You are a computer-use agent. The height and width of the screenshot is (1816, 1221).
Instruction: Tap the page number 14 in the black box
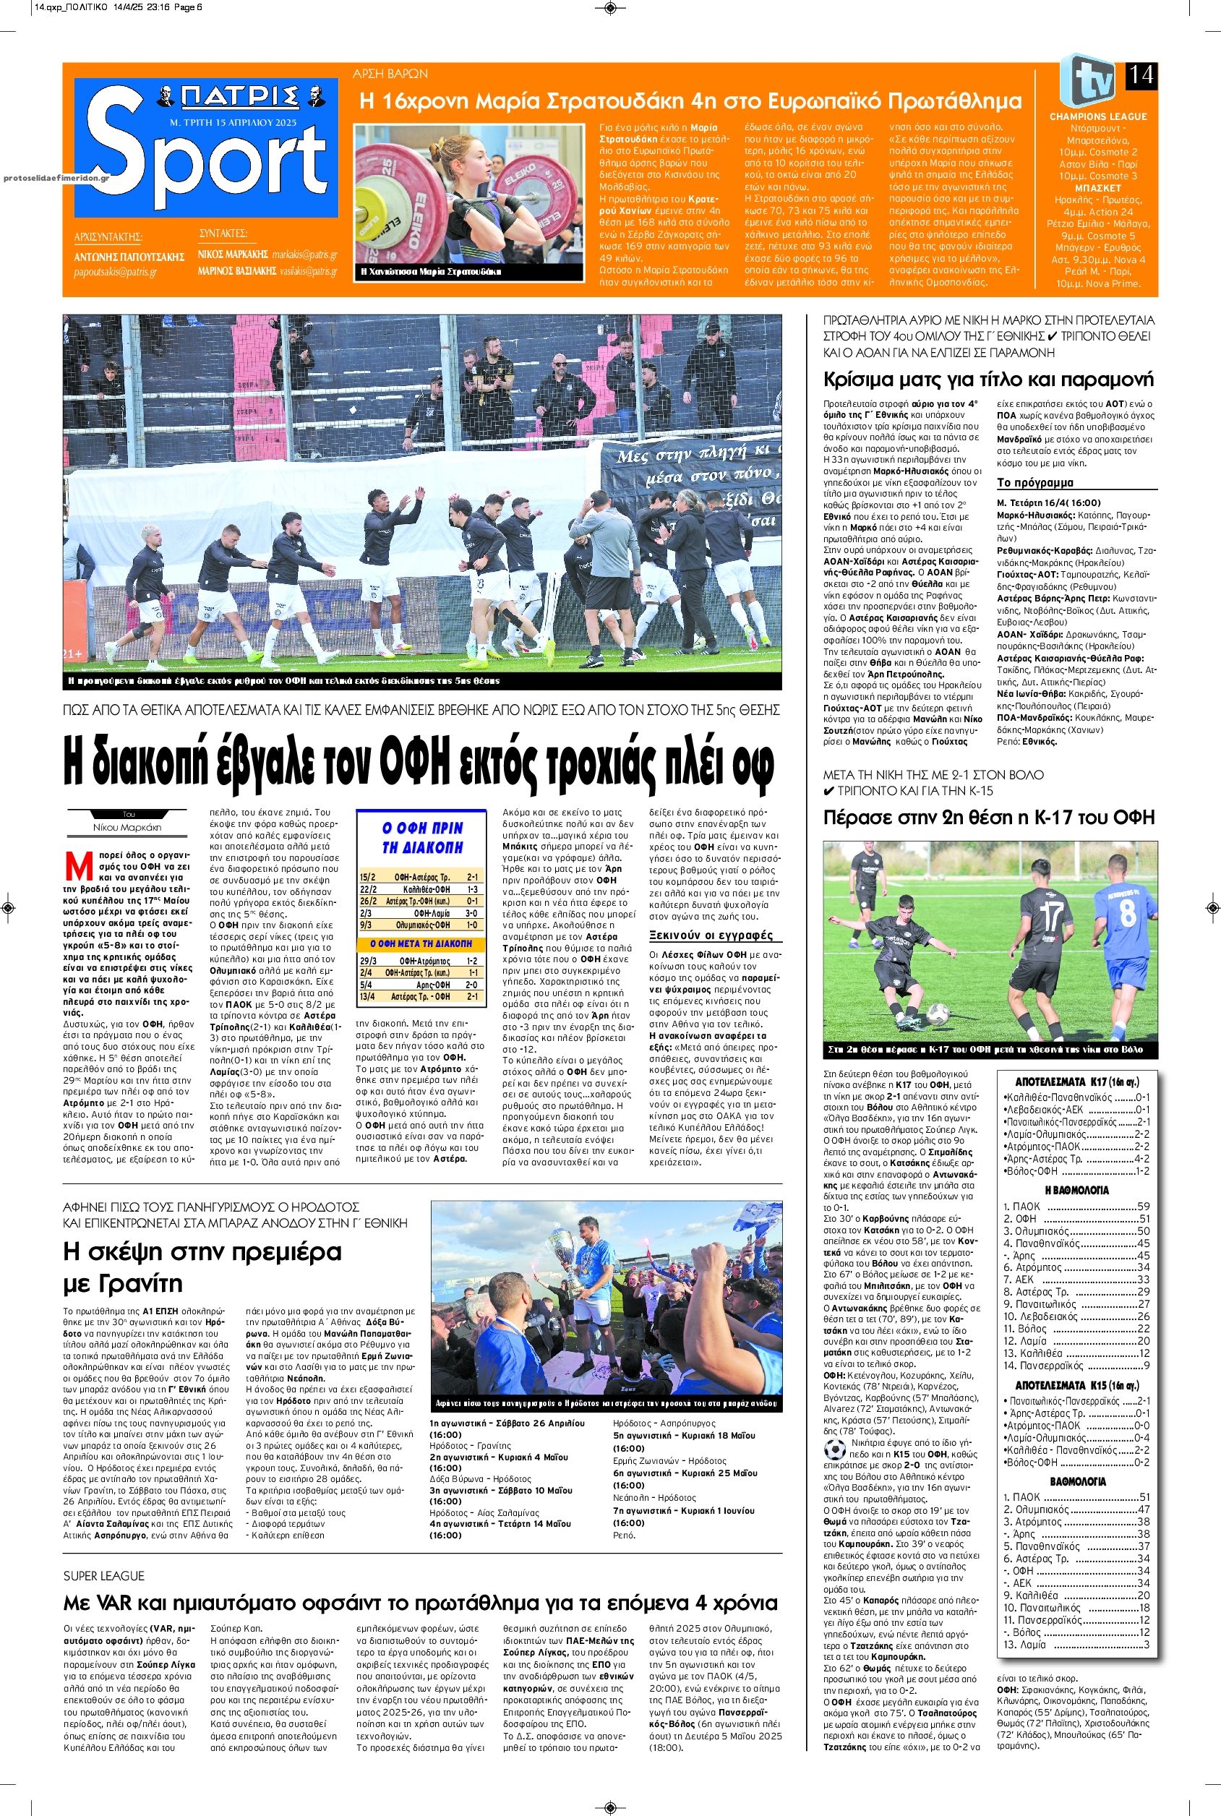1141,77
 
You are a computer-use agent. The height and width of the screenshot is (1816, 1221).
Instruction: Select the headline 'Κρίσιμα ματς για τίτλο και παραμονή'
988,380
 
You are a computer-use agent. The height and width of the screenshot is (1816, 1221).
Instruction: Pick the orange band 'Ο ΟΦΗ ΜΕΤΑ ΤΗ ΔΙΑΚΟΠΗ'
421,943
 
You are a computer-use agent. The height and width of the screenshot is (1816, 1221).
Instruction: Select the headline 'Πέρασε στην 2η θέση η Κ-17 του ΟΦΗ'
988,817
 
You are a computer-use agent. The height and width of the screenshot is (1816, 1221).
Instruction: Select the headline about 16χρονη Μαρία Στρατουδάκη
689,100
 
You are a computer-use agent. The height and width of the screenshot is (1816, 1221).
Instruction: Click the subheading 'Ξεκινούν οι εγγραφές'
710,935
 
